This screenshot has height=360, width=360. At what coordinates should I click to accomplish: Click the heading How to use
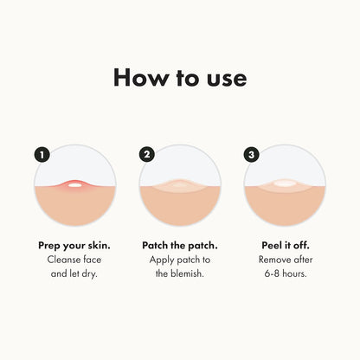[x=180, y=77]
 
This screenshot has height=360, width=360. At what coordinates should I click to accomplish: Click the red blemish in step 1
[x=74, y=184]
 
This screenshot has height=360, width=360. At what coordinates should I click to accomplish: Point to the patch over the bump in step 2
[x=179, y=184]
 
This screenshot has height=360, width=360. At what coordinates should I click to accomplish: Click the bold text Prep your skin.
[x=74, y=245]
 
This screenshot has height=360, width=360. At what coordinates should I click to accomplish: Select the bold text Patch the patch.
[x=179, y=245]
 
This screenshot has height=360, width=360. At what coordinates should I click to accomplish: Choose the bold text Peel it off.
[x=285, y=245]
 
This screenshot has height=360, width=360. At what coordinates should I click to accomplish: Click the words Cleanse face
[x=74, y=260]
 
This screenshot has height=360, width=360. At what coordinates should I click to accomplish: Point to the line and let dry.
[x=74, y=274]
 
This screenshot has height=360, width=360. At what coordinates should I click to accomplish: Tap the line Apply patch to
[x=179, y=260]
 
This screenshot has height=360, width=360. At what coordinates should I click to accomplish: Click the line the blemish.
[x=179, y=274]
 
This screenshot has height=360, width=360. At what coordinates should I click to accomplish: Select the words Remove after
[x=285, y=260]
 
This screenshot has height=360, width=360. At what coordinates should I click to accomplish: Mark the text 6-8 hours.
[x=285, y=274]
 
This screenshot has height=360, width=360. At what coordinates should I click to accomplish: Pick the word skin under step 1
[x=99, y=245]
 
